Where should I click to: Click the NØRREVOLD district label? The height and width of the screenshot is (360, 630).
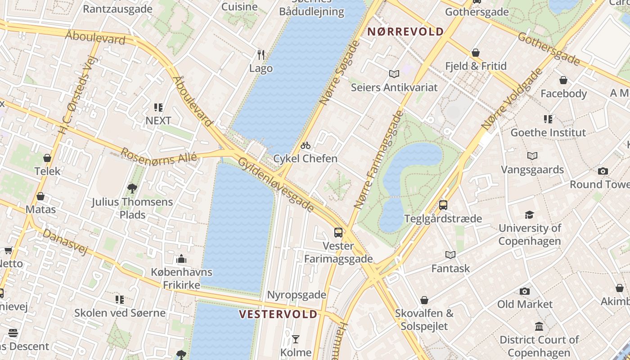tap(406, 32)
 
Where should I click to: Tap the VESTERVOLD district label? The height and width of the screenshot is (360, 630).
tap(278, 314)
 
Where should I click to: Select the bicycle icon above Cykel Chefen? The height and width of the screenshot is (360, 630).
tap(306, 145)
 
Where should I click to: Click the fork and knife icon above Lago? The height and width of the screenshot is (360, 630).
tap(261, 55)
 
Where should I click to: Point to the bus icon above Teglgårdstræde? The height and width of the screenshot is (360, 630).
tap(443, 205)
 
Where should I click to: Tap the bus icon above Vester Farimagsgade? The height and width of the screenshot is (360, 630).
tap(338, 233)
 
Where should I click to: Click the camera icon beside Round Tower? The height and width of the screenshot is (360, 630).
tap(603, 171)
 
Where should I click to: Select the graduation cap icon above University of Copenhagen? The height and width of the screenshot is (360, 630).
tap(530, 215)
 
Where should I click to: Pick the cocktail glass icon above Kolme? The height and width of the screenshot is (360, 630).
tap(296, 339)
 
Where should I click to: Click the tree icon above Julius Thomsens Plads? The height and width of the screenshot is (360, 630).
tap(132, 188)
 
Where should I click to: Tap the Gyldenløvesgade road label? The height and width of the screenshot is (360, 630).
tap(275, 184)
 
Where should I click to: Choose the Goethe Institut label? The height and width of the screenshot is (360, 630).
tap(548, 133)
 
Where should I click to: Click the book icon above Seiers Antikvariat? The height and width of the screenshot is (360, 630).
tap(394, 74)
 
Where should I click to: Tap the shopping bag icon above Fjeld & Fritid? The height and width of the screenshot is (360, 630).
tap(476, 53)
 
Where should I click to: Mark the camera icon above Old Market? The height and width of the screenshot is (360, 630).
tap(525, 291)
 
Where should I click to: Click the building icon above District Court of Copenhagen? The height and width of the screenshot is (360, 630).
tap(539, 326)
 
